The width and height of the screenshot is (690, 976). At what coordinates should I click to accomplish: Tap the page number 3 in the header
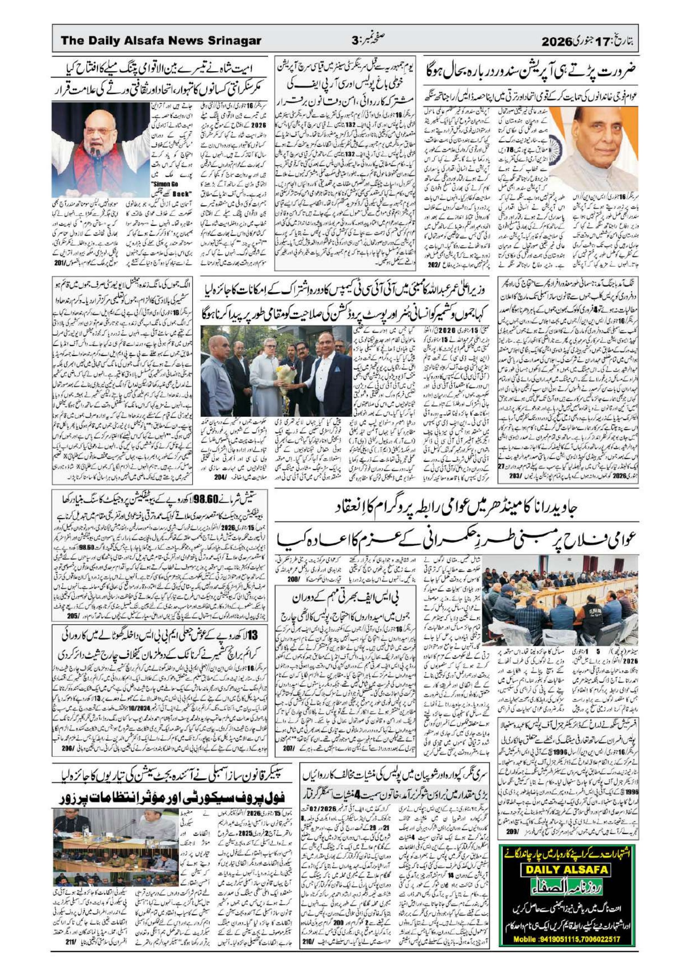point(355,41)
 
